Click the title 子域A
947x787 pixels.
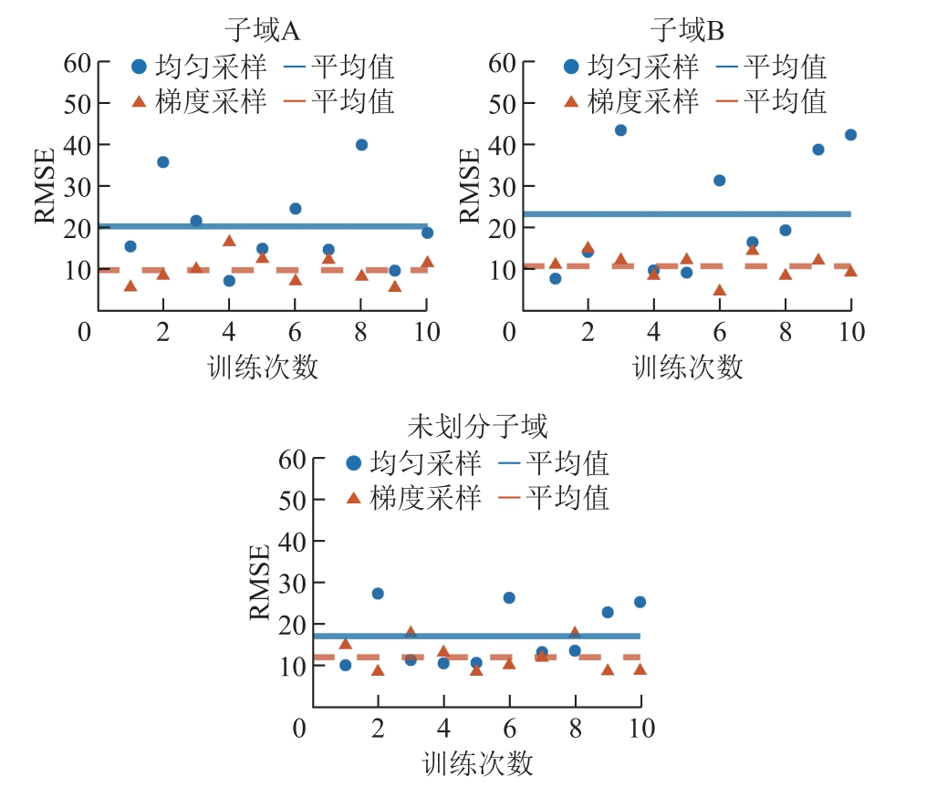tap(263, 30)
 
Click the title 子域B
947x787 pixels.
tap(687, 30)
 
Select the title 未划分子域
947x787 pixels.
tap(477, 427)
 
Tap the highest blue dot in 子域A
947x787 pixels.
tap(361, 145)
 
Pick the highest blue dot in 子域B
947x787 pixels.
tap(620, 130)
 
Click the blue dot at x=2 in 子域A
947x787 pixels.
tap(162, 161)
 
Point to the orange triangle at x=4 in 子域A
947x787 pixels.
tap(229, 241)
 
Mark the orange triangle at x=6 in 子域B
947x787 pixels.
tap(719, 290)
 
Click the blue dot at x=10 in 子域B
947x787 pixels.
tap(850, 135)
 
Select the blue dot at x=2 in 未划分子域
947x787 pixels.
tap(378, 594)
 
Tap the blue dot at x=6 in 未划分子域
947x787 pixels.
tap(509, 597)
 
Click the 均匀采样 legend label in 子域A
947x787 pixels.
tap(211, 67)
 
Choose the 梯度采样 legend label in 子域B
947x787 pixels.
tap(643, 101)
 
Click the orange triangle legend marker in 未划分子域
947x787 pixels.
tap(353, 498)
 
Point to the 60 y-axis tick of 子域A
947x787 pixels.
tap(78, 63)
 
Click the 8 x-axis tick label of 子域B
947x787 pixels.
tap(786, 331)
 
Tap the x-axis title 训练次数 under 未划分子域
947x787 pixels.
tap(477, 763)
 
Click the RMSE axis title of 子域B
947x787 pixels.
tap(469, 186)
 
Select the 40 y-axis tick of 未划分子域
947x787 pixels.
tap(292, 542)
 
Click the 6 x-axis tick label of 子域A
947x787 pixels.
tap(295, 331)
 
